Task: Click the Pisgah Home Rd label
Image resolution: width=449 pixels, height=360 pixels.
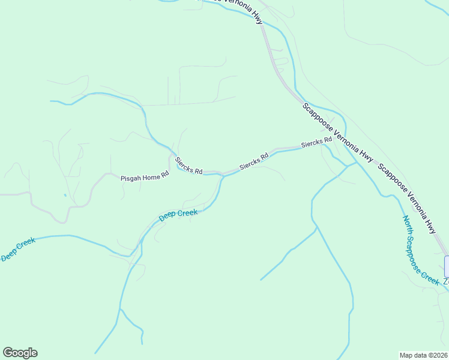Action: [145, 178]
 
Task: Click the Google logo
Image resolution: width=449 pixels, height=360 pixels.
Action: [20, 353]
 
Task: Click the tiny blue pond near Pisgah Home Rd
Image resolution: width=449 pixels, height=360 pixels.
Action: [65, 195]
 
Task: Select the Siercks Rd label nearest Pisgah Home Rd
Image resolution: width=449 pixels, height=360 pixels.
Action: [188, 166]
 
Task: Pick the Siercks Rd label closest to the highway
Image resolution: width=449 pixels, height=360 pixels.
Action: [316, 143]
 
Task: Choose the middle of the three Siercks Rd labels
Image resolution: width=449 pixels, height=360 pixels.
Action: [253, 161]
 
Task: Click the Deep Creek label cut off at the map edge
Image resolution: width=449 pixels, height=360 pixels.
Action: [18, 249]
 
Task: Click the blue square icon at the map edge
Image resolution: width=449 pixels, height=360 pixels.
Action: [446, 266]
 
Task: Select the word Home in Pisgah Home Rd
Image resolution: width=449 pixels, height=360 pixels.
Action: [151, 178]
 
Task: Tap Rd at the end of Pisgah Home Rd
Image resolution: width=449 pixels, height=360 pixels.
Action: [165, 175]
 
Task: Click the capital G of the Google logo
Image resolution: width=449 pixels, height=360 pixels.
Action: [8, 353]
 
